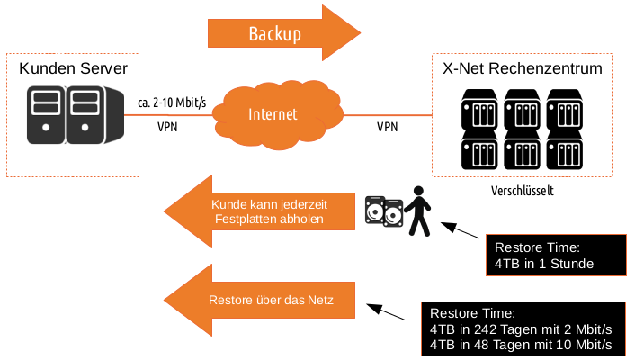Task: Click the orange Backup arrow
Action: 274,33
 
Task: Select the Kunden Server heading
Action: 74,69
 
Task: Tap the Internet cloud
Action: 273,114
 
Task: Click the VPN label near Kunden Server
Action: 167,127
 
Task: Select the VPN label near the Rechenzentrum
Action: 388,127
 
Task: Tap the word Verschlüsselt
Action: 522,191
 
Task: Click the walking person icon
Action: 416,211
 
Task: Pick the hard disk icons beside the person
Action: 384,211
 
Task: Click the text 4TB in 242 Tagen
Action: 522,328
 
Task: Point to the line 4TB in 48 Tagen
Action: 522,345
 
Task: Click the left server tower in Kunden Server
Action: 45,115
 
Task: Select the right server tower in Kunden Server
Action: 84,115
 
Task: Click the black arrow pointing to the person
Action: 461,233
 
